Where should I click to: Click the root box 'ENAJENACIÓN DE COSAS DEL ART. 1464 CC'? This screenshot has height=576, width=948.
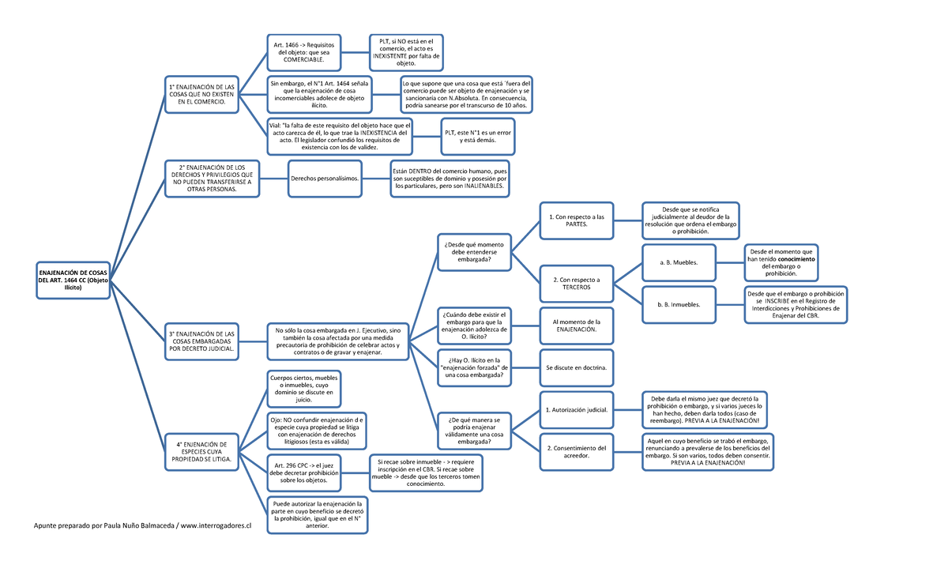tap(73, 280)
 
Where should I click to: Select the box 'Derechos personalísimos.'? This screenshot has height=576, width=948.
tap(325, 179)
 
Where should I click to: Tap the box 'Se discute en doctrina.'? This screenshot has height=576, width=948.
tap(577, 367)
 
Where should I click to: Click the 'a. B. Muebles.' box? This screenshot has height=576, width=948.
tap(679, 262)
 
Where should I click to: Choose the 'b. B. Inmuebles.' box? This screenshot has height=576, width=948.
tap(679, 305)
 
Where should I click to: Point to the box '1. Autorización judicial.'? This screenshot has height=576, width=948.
tap(577, 409)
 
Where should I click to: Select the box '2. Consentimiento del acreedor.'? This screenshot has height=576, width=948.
tap(577, 452)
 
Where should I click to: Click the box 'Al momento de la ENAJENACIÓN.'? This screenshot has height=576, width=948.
tap(577, 326)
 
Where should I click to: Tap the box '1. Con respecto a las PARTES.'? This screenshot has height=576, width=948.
tap(577, 220)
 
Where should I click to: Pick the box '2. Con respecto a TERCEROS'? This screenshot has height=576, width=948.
tap(577, 284)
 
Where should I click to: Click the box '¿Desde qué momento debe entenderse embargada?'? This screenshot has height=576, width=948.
tap(475, 252)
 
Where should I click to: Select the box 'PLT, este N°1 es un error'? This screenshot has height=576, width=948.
tap(478, 136)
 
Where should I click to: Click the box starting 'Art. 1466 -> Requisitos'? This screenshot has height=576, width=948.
tap(304, 52)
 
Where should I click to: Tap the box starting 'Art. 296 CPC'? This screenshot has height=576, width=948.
tap(304, 473)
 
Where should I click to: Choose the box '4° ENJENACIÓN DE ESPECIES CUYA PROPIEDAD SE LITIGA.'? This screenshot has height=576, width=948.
tap(201, 452)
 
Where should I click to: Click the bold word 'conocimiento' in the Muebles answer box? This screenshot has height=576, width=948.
tap(796, 259)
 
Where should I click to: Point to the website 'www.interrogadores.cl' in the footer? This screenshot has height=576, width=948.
tap(216, 525)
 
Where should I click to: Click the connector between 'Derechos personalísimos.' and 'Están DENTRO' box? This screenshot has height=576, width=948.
tap(376, 179)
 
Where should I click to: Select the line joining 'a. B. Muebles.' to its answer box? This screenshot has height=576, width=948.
tap(730, 262)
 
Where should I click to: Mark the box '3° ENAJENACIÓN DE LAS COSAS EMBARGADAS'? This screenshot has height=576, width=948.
tap(201, 341)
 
